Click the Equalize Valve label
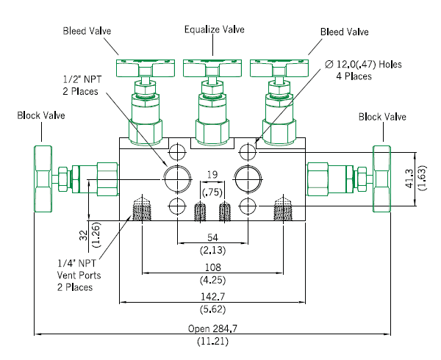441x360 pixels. click(x=215, y=29)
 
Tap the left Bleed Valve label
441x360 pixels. click(x=87, y=31)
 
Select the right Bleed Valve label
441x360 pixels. click(x=345, y=32)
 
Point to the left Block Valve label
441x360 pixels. click(x=41, y=115)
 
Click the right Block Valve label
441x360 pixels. click(x=382, y=117)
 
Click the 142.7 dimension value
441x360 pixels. click(x=213, y=297)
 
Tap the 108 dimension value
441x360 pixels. click(x=213, y=267)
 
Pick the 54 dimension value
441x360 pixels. click(x=212, y=238)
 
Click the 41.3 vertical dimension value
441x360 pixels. click(x=409, y=179)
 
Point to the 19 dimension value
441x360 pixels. click(x=212, y=175)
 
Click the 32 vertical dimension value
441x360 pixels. click(x=84, y=235)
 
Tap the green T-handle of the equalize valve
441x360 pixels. click(x=212, y=68)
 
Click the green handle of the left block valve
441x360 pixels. click(x=43, y=179)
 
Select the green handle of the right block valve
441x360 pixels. click(x=381, y=179)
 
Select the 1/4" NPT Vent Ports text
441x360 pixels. click(x=79, y=269)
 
